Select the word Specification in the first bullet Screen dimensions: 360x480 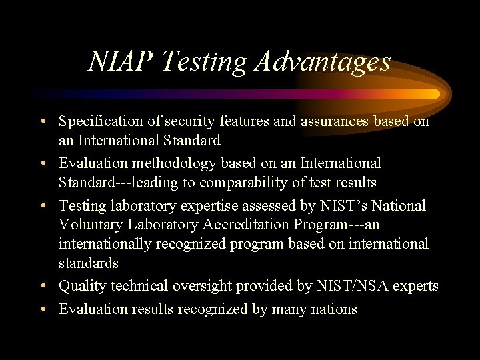[99, 122]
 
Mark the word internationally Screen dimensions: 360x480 [105, 244]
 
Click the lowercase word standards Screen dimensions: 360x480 [88, 263]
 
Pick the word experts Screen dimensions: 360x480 [417, 286]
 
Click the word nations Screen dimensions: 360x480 [332, 309]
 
